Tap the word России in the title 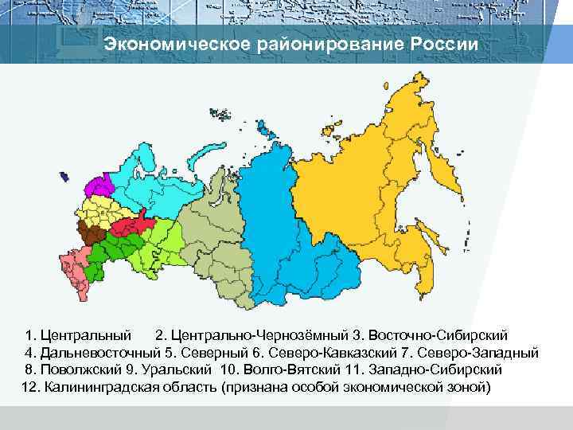tap(445, 45)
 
